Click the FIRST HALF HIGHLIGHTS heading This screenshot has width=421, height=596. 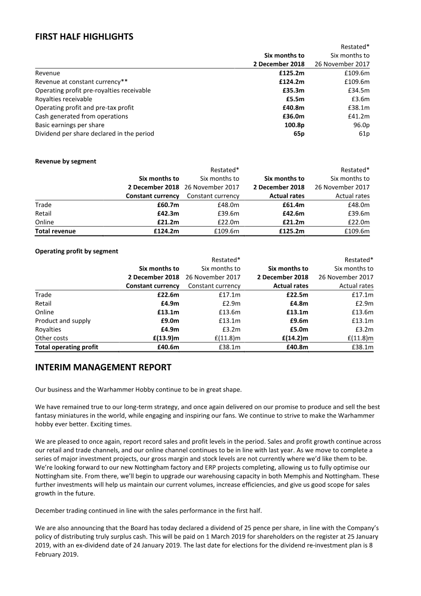pos(84,36)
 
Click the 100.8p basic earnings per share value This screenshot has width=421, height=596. pos(294,125)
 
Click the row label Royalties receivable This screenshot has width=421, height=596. pos(64,99)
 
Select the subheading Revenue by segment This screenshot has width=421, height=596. pos(66,161)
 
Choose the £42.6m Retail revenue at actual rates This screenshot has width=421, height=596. pos(292,213)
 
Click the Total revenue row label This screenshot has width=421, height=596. pos(55,231)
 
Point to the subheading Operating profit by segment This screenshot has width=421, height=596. pos(77,251)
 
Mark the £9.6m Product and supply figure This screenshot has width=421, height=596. pos(298,320)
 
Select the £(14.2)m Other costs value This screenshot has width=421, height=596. pos(295,338)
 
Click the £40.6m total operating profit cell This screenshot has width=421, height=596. pos(168,347)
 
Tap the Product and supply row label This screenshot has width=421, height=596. pos(63,320)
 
